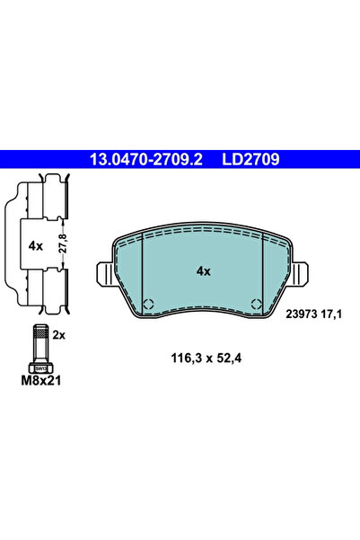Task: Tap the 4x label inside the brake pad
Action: point(203,270)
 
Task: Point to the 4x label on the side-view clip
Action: point(35,243)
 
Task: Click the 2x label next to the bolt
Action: point(59,333)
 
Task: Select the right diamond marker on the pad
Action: point(257,303)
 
